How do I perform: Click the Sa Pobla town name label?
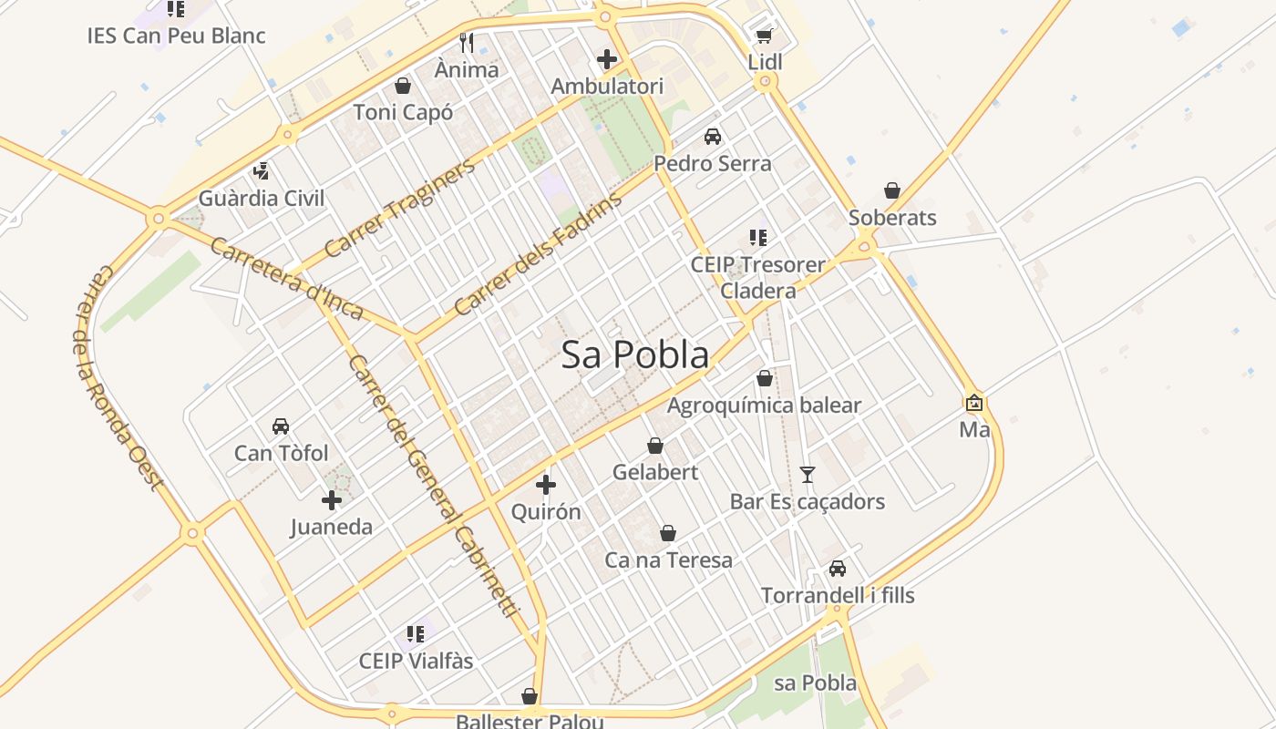click(x=634, y=354)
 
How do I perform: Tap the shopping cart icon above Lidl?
click(x=765, y=36)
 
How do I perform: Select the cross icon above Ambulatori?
click(x=607, y=60)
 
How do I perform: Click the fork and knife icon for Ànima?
click(x=467, y=43)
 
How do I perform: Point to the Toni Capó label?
click(x=403, y=112)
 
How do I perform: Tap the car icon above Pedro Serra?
click(x=713, y=137)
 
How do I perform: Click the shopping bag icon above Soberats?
click(x=892, y=190)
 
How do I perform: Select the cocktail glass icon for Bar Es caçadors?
click(x=807, y=474)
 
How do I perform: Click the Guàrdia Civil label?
click(x=262, y=198)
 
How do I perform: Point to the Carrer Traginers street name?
click(x=399, y=208)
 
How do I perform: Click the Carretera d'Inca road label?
click(x=286, y=278)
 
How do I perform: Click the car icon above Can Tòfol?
click(x=281, y=426)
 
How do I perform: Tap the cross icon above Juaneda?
click(x=332, y=499)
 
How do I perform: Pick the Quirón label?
click(x=546, y=511)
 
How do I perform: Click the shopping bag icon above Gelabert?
click(x=654, y=446)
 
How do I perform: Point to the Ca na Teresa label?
click(x=668, y=560)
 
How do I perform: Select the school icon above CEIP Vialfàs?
click(x=416, y=633)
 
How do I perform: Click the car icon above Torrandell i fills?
click(x=838, y=569)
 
